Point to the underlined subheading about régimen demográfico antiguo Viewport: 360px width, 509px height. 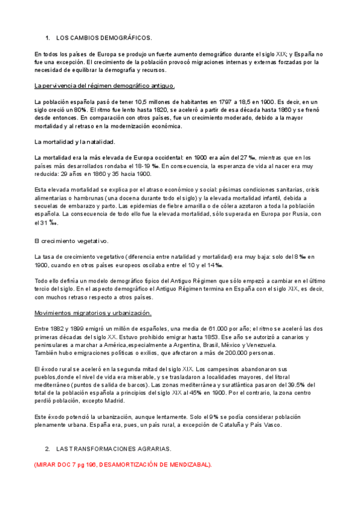104,85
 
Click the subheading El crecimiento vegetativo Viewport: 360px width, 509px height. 71,241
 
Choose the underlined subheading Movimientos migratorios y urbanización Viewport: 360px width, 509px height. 93,313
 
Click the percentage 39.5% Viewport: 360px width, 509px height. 298,384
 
